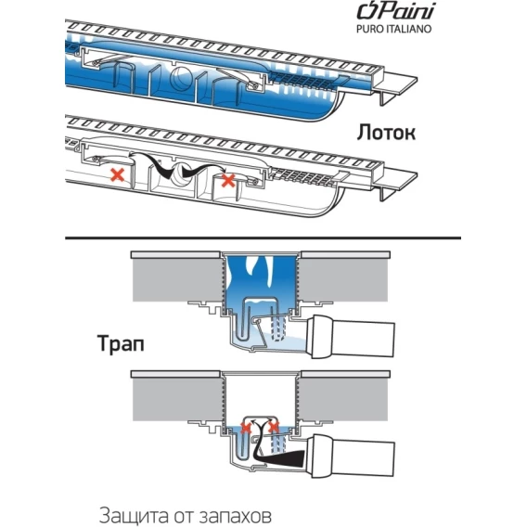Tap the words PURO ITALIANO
point(393,29)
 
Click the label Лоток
point(386,133)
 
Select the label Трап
point(121,344)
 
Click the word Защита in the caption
point(131,515)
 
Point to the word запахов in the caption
point(237,515)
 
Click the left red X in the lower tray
point(118,174)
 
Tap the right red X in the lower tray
point(228,181)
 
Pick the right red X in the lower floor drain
point(274,428)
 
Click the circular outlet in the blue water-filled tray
point(182,77)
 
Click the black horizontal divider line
point(263,238)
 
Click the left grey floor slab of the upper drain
point(177,280)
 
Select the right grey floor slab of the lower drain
point(343,399)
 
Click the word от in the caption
point(182,516)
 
